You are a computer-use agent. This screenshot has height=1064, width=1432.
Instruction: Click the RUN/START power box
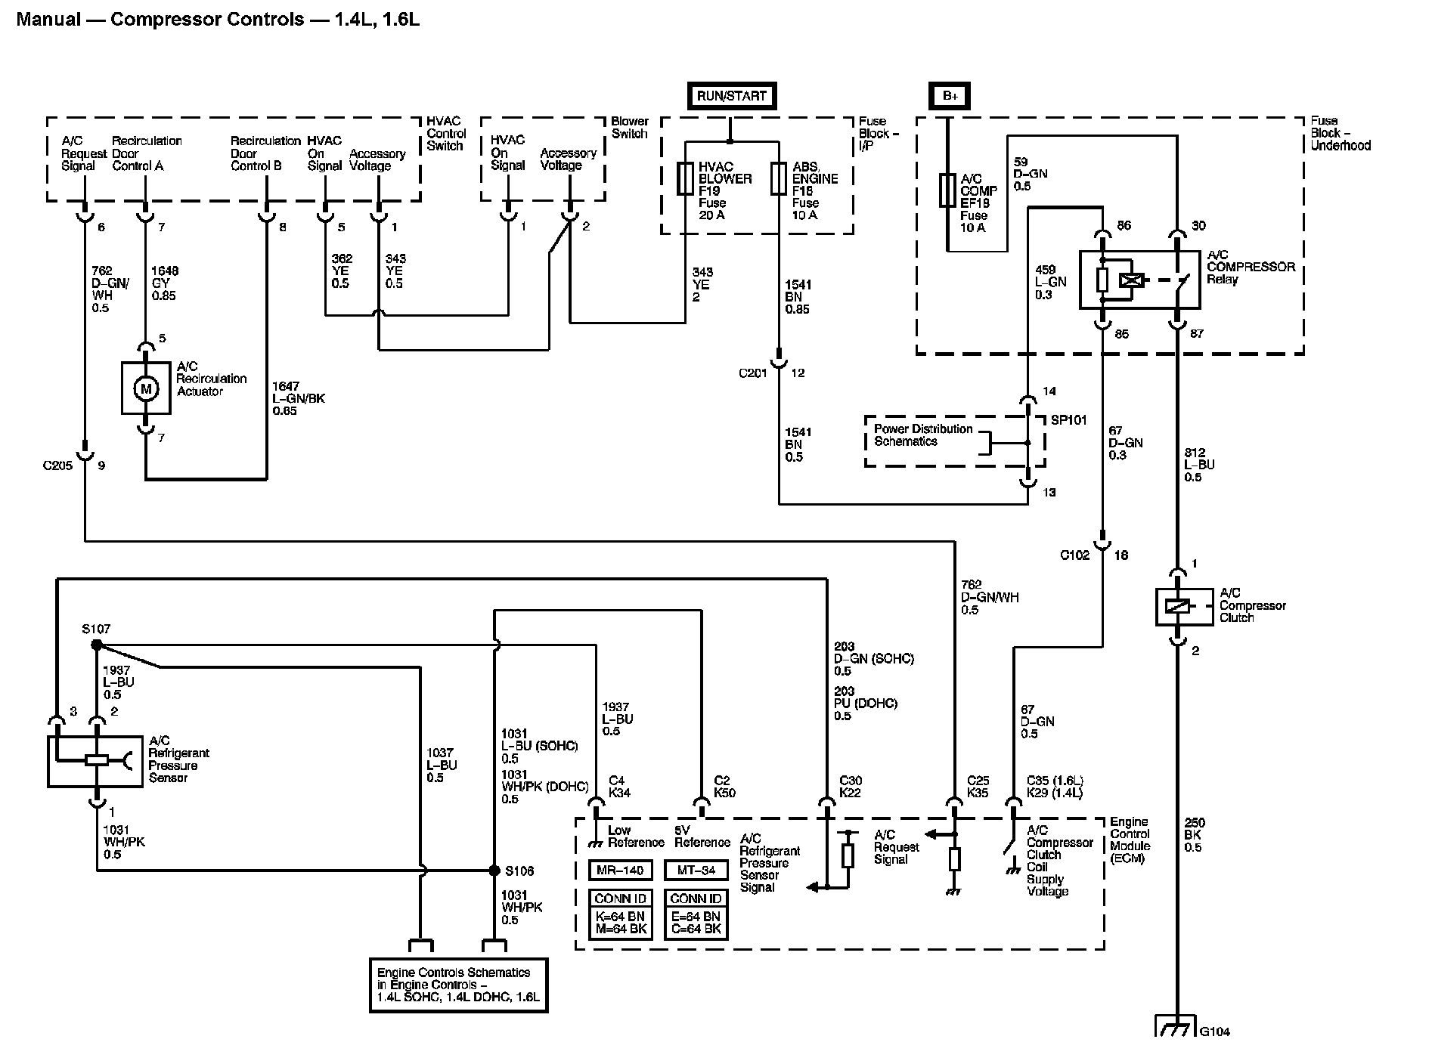click(731, 96)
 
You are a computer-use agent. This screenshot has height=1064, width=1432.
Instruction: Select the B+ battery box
click(949, 96)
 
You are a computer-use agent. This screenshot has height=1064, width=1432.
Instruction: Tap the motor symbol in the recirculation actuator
click(146, 388)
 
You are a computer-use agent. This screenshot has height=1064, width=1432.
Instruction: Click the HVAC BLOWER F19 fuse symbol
click(686, 180)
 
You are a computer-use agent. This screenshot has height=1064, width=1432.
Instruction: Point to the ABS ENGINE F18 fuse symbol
click(779, 180)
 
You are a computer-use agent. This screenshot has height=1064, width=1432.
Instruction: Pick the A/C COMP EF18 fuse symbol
click(947, 190)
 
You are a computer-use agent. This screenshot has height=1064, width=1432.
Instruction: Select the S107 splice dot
click(96, 645)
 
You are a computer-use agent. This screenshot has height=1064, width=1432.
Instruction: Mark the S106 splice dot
click(494, 870)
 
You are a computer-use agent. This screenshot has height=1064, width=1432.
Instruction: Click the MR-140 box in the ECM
click(620, 871)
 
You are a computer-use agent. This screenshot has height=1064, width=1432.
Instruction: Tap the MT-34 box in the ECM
click(696, 871)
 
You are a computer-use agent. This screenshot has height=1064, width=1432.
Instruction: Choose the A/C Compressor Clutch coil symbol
click(1177, 606)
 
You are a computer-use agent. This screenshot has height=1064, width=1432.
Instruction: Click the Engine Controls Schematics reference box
click(458, 985)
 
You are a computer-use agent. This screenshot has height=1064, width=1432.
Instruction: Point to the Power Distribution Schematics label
click(923, 435)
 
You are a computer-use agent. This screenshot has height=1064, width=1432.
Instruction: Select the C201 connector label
click(753, 373)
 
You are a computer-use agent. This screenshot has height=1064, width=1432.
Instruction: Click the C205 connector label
click(58, 466)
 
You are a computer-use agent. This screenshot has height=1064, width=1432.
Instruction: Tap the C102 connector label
click(1074, 555)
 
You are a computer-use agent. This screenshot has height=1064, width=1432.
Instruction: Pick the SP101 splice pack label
click(1069, 420)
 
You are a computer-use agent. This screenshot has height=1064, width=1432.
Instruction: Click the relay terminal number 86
click(1124, 225)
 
